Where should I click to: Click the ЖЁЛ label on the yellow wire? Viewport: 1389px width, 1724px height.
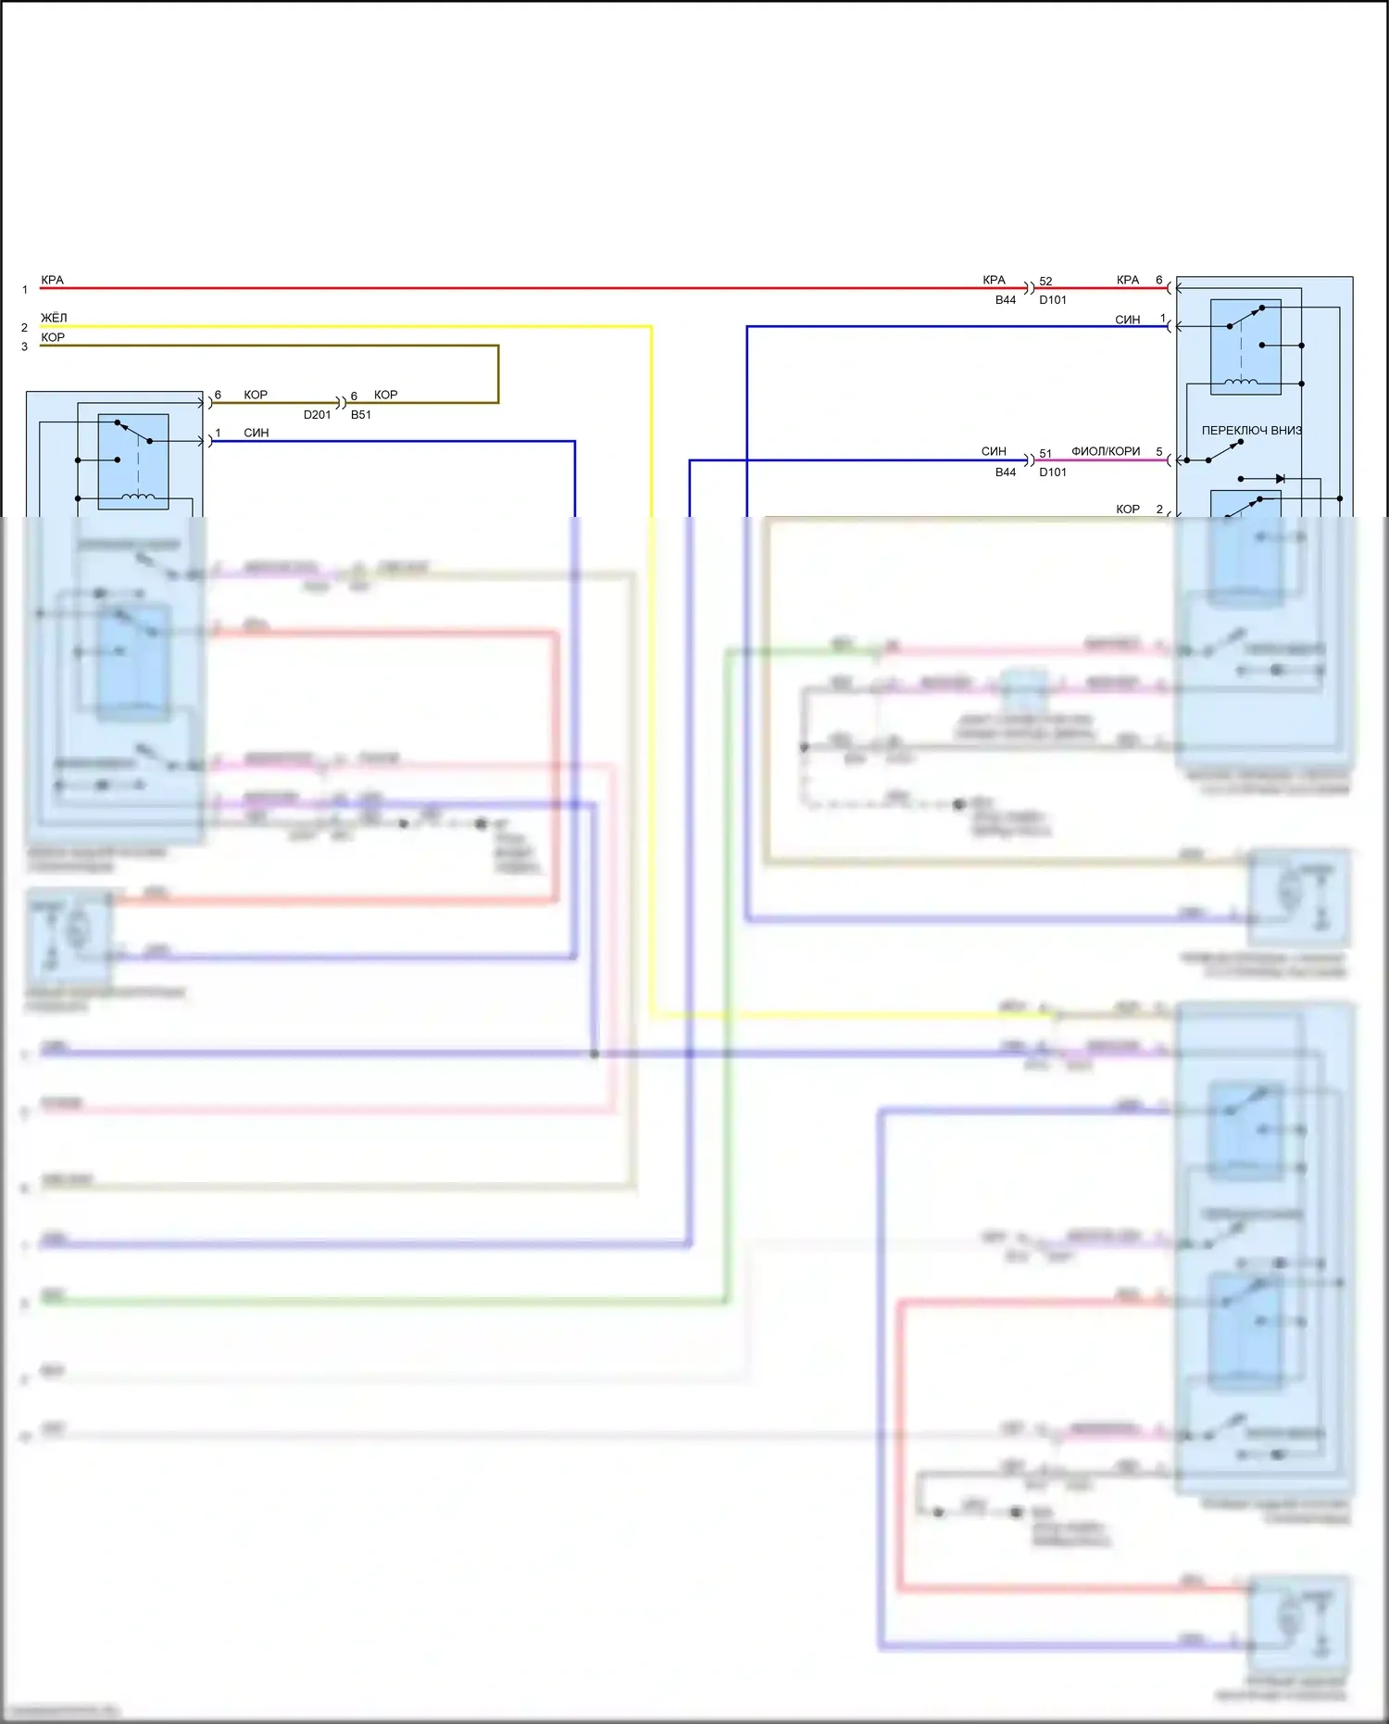tap(54, 318)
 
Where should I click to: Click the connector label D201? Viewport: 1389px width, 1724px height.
tap(317, 415)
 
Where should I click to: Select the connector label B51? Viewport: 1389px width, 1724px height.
tap(361, 415)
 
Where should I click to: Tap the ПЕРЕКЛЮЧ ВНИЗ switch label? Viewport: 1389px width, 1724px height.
tap(1251, 431)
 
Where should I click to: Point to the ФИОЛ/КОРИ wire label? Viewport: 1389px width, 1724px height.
tap(1106, 451)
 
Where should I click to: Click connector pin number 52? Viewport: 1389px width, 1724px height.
tap(1045, 282)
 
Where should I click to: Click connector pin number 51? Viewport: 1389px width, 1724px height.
tap(1045, 454)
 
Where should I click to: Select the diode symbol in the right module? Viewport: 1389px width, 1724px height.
tap(1280, 479)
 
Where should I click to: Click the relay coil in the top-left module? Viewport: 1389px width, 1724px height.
tap(139, 497)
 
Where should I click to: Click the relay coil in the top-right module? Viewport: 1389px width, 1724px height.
tap(1241, 382)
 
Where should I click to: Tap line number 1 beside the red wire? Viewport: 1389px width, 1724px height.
tap(25, 290)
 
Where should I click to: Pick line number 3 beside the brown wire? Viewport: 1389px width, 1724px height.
tap(25, 347)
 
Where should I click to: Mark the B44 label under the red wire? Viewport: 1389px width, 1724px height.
tap(1006, 300)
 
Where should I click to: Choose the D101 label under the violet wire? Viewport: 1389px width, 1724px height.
tap(1053, 472)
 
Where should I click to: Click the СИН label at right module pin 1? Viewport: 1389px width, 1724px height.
tap(1127, 320)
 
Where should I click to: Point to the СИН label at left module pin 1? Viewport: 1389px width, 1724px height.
tap(257, 434)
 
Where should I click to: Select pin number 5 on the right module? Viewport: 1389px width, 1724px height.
tap(1159, 452)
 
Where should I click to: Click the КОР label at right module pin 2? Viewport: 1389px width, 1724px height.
tap(1127, 510)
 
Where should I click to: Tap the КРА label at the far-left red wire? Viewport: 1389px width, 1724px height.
tap(53, 280)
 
